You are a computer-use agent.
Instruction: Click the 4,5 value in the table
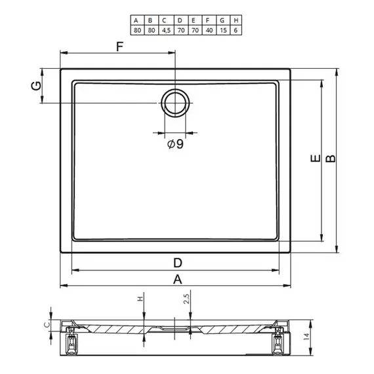[166, 31]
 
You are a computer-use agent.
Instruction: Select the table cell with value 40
[209, 30]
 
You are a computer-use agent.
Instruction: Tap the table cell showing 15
[223, 30]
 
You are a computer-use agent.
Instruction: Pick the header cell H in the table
[236, 20]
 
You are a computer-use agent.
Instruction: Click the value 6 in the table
[236, 31]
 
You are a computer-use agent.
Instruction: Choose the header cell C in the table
[164, 20]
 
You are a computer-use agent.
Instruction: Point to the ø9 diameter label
[175, 144]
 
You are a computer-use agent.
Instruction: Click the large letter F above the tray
[119, 47]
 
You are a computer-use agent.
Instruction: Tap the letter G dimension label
[36, 86]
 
